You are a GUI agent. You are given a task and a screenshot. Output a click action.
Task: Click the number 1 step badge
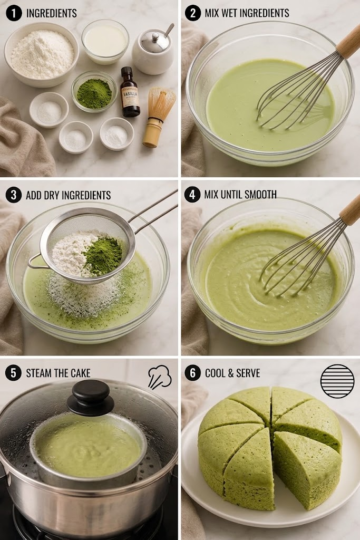[14, 13]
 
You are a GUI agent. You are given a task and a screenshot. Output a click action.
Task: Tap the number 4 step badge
[192, 195]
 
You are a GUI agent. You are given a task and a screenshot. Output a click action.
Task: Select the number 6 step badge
[192, 373]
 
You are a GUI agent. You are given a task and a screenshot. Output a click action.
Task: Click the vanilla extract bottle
[130, 92]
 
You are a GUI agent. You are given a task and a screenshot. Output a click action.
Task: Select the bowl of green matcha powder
[94, 92]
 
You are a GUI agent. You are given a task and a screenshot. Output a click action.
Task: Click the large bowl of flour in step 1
[42, 54]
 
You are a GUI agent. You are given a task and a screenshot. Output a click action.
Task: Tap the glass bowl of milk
[105, 41]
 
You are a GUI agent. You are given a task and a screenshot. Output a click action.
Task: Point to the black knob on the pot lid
[91, 397]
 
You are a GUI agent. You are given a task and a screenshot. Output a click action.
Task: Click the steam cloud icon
[160, 377]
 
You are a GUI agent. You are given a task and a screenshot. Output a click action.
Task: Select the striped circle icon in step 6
[337, 381]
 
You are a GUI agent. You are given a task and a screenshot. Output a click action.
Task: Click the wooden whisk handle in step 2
[349, 41]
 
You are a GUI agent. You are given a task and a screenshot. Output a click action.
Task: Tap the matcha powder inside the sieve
[103, 255]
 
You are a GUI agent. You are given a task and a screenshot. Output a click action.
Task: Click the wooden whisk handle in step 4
[350, 211]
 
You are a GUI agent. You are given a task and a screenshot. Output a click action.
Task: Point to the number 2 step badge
[192, 13]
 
